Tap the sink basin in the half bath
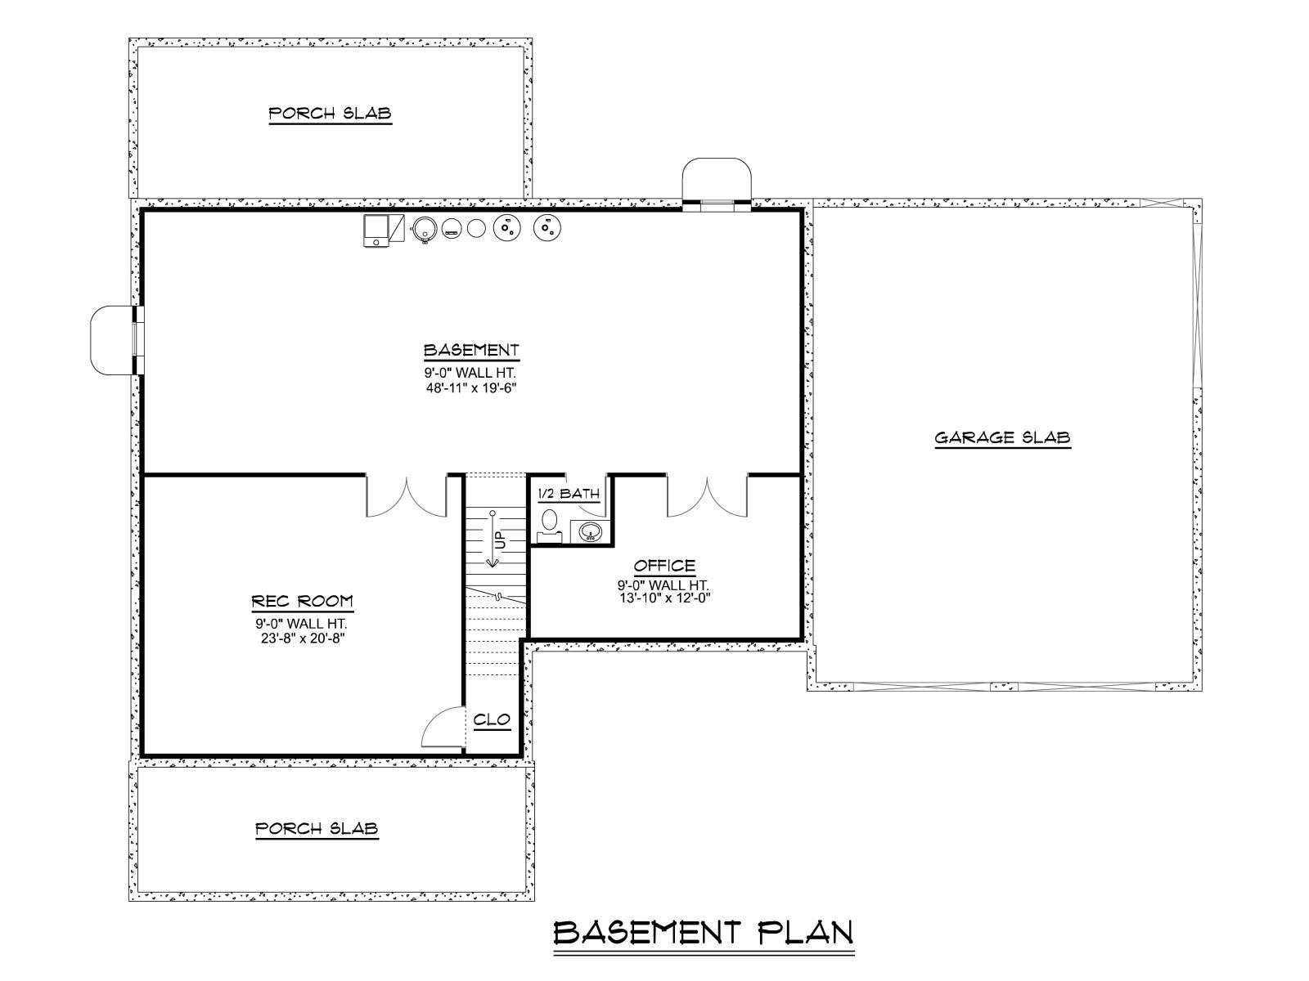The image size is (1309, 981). pyautogui.click(x=591, y=531)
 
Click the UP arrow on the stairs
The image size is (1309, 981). pyautogui.click(x=493, y=539)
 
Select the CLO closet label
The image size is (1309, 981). pyautogui.click(x=492, y=719)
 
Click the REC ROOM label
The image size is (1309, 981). pyautogui.click(x=303, y=601)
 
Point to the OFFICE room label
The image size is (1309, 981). pyautogui.click(x=664, y=565)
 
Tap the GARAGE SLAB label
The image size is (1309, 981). pyautogui.click(x=1002, y=438)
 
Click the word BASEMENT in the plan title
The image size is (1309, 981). pyautogui.click(x=647, y=932)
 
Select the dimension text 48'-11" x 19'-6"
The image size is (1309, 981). pyautogui.click(x=471, y=387)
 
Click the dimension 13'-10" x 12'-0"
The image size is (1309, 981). pyautogui.click(x=664, y=598)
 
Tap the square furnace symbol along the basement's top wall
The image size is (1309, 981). pyautogui.click(x=377, y=231)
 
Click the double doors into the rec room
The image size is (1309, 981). pyautogui.click(x=406, y=495)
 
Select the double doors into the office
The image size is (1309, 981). pyautogui.click(x=708, y=495)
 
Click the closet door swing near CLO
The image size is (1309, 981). pyautogui.click(x=443, y=727)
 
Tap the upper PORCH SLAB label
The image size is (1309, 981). pyautogui.click(x=330, y=113)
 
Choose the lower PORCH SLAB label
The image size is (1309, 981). pyautogui.click(x=317, y=828)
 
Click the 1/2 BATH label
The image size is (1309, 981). pyautogui.click(x=569, y=494)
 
